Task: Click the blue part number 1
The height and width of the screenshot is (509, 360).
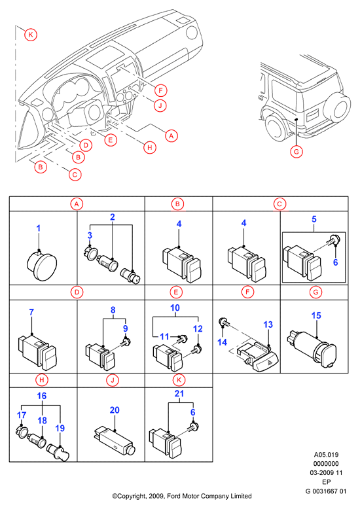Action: [39, 228]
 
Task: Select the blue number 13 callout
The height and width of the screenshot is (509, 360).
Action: [268, 325]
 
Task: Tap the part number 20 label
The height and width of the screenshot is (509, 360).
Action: [115, 410]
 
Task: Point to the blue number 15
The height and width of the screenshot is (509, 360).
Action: [316, 315]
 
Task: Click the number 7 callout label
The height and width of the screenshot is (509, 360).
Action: [31, 312]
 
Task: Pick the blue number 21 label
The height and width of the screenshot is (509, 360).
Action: [179, 394]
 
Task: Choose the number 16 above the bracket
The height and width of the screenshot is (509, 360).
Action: [42, 396]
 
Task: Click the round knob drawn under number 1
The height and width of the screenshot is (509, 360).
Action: [41, 266]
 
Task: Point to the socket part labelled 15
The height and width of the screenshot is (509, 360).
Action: [312, 349]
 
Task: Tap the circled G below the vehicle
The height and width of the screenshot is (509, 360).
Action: [297, 152]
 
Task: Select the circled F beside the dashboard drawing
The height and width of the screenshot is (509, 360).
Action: [160, 90]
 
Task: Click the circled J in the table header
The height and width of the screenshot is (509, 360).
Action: [113, 380]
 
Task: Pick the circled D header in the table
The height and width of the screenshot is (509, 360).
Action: [77, 292]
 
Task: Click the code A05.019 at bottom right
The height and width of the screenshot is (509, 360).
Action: [326, 455]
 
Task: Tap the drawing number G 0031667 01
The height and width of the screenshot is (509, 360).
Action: [325, 491]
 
